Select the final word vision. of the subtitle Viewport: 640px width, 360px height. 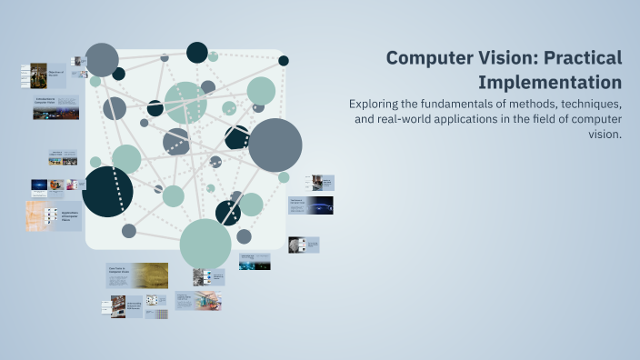[605, 134]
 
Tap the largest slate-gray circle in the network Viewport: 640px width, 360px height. [275, 145]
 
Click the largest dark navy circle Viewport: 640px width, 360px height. [107, 192]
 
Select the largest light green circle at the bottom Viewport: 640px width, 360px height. [205, 244]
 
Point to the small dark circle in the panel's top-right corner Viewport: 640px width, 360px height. [284, 61]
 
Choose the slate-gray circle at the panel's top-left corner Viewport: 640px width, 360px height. [102, 60]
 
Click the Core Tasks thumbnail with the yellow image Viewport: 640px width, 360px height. [136, 275]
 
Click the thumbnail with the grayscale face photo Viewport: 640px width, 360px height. [304, 244]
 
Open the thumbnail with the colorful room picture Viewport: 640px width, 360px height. [197, 301]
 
